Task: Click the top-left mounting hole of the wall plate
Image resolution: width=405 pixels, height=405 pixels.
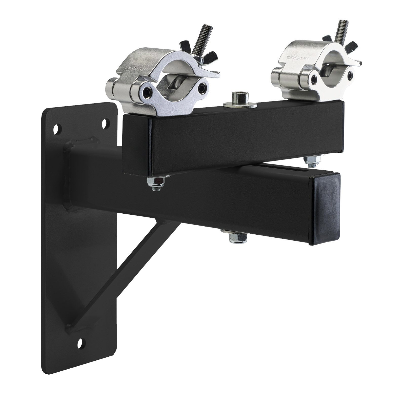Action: point(58,126)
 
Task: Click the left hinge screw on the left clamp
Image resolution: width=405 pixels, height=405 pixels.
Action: point(146,90)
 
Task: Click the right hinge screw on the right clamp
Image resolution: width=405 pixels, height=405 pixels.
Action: point(350,75)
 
